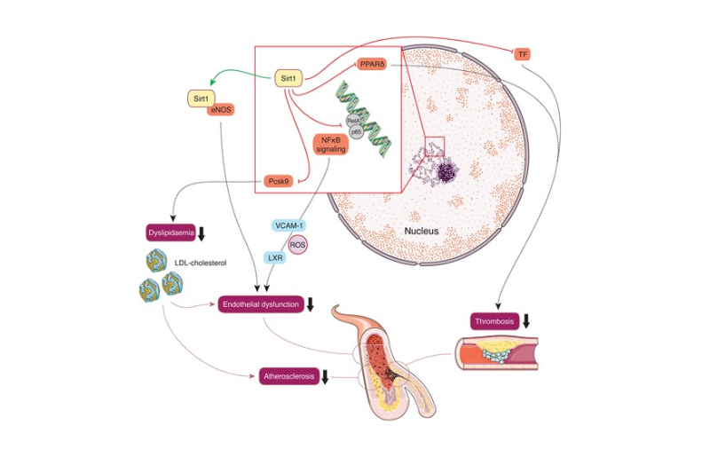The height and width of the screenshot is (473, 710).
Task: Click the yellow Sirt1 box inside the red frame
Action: click(x=288, y=78)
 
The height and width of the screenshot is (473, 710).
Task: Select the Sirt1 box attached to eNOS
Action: click(x=201, y=99)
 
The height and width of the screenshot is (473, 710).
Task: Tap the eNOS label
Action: click(x=221, y=109)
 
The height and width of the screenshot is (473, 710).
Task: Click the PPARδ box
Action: click(x=372, y=64)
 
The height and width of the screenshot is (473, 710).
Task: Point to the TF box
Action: click(x=523, y=54)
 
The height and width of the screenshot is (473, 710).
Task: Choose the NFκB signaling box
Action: click(x=331, y=145)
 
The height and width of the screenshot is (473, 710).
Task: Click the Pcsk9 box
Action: click(x=279, y=182)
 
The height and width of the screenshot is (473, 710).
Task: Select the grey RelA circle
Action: click(x=353, y=122)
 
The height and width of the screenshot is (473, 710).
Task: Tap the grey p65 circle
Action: click(x=357, y=132)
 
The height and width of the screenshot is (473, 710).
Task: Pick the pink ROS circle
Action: click(x=297, y=245)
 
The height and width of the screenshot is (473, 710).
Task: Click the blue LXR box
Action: click(x=275, y=258)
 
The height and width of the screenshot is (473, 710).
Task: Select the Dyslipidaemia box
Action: click(x=170, y=233)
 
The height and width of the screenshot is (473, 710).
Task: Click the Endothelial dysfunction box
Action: click(x=261, y=304)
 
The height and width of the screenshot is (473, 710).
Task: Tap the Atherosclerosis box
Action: click(x=289, y=376)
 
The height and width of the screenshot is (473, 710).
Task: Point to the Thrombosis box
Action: click(x=494, y=321)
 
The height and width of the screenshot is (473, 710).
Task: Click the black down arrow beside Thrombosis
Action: click(x=525, y=321)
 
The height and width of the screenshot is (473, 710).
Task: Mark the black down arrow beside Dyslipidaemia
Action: click(x=201, y=233)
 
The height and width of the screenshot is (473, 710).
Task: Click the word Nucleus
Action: click(x=422, y=231)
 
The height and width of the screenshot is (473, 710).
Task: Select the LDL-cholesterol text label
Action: click(x=201, y=263)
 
